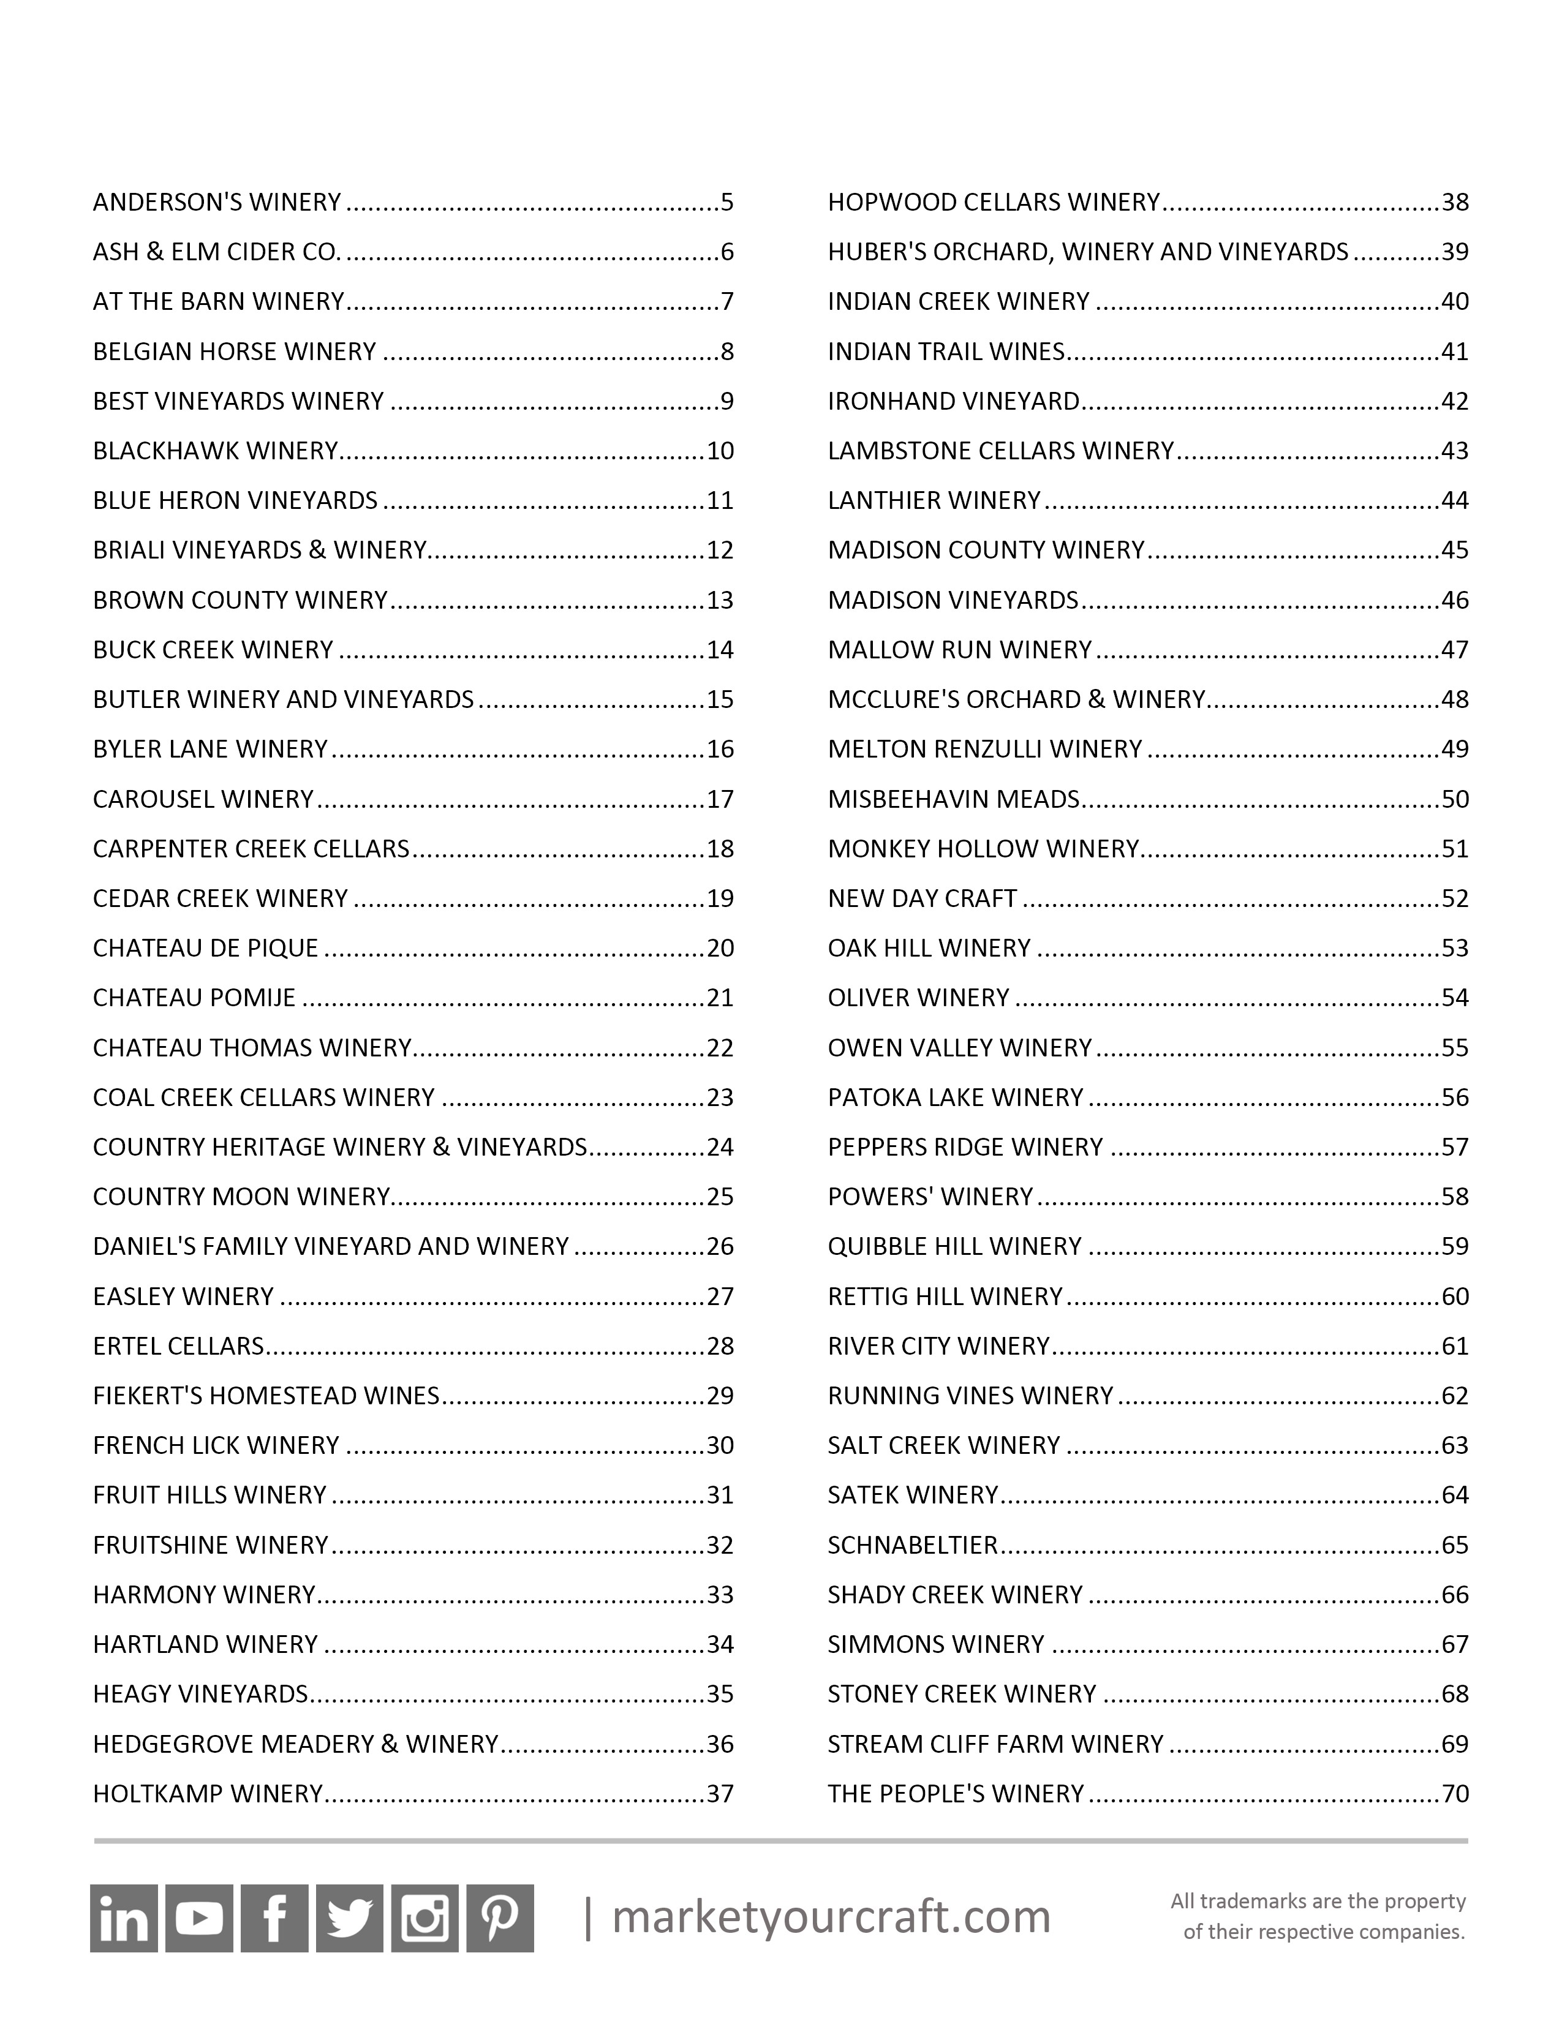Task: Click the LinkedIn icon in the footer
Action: tap(123, 1918)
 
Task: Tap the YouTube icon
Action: tap(199, 1918)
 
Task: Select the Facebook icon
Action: tap(274, 1918)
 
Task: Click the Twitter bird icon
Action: tap(349, 1918)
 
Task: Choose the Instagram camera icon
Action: tap(424, 1918)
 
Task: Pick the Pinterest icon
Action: tap(500, 1918)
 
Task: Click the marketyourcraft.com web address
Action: tap(831, 1916)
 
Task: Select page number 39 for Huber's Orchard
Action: tap(1455, 252)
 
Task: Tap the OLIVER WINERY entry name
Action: tap(918, 998)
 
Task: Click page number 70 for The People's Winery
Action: tap(1455, 1793)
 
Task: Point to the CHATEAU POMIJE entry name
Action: tap(194, 998)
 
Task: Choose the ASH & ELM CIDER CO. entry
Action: tap(217, 252)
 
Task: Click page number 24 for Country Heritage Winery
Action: tap(720, 1148)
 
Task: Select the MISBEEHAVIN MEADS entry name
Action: tap(954, 799)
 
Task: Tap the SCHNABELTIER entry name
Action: tap(913, 1545)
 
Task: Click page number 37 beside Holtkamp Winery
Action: tap(720, 1793)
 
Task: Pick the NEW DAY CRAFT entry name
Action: tap(922, 898)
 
